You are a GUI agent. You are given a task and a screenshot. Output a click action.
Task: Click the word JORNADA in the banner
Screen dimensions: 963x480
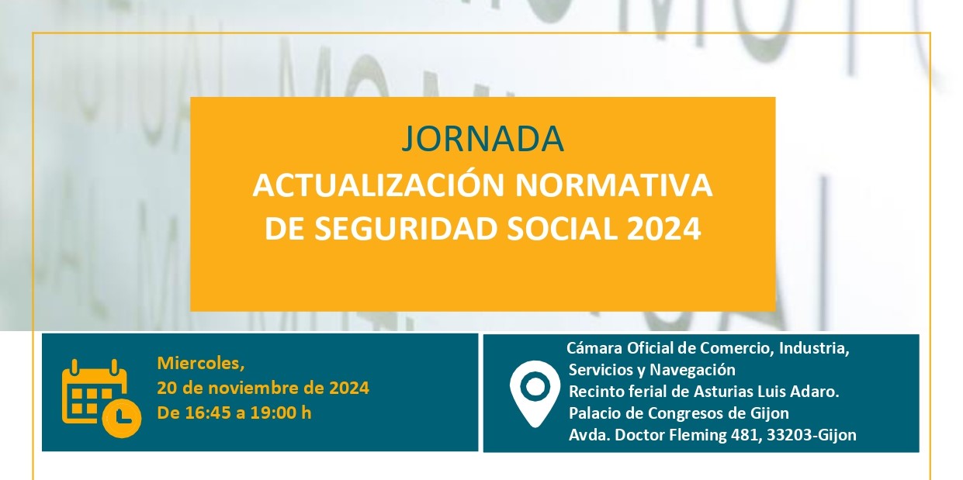coord(483,139)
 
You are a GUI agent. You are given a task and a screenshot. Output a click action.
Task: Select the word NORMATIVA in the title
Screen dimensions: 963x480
coord(614,185)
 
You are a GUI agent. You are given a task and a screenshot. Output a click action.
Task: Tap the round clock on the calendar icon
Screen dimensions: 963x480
coord(122,418)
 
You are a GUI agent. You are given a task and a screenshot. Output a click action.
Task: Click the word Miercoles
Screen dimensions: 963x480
coord(201,364)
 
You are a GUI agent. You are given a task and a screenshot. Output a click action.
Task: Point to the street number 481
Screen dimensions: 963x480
coord(743,435)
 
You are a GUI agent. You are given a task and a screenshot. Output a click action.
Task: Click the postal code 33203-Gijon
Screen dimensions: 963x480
coord(812,435)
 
